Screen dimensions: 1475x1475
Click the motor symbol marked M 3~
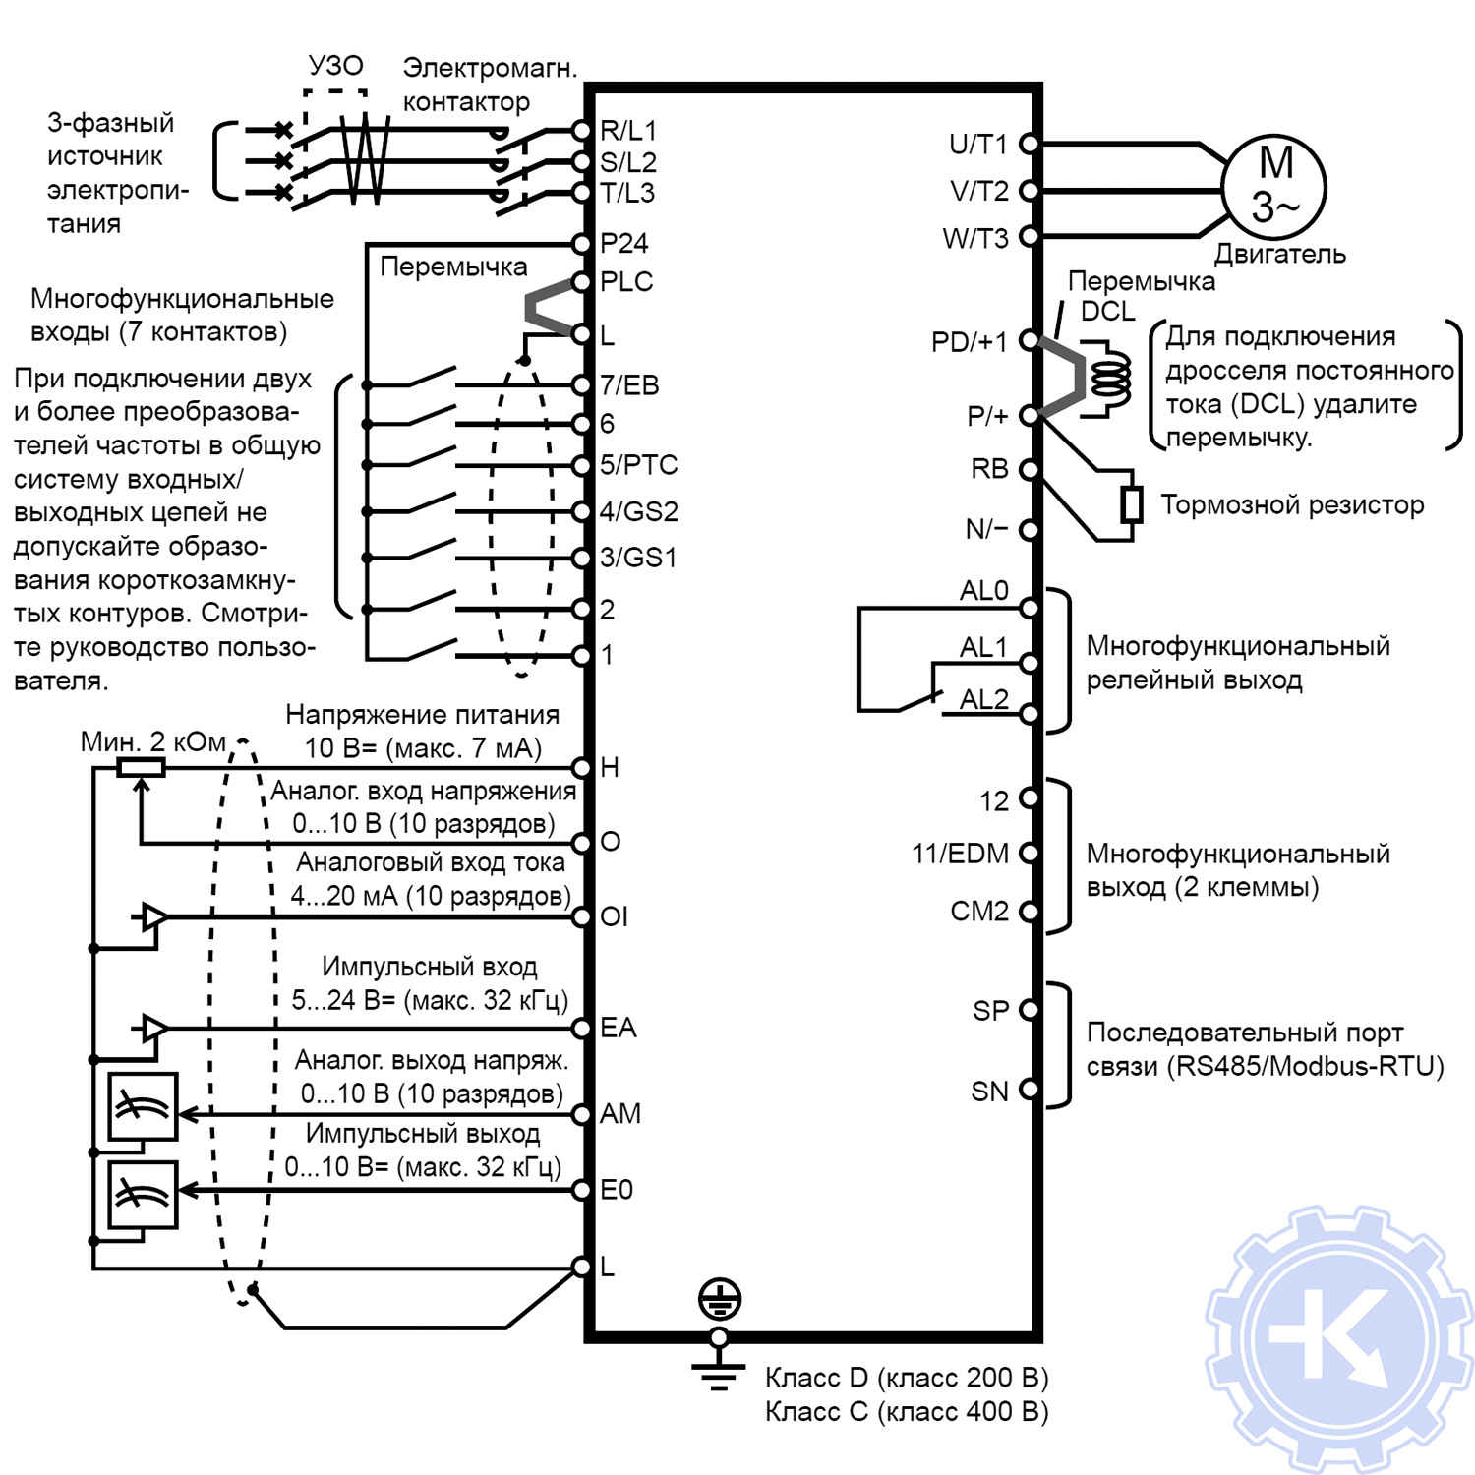[x=1274, y=186]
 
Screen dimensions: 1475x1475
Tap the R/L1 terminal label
[x=628, y=130]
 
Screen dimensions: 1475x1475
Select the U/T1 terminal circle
[x=1029, y=144]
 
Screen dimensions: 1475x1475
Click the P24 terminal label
[x=624, y=243]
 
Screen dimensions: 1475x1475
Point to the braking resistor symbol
[x=1132, y=504]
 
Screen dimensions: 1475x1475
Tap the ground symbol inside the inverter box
[x=719, y=1300]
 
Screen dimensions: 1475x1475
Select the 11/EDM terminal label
[x=960, y=854]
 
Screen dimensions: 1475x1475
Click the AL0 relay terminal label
[x=983, y=590]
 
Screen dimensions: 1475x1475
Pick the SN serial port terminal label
[x=989, y=1091]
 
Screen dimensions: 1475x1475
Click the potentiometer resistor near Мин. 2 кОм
[x=141, y=767]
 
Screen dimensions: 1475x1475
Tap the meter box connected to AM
[x=143, y=1107]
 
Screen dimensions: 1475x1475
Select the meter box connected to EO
[x=143, y=1195]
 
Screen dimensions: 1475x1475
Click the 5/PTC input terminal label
[x=639, y=464]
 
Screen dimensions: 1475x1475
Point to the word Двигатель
[x=1279, y=254]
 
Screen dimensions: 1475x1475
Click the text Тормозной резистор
[x=1292, y=504]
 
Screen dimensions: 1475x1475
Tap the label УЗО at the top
[x=335, y=66]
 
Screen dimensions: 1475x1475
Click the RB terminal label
[x=989, y=469]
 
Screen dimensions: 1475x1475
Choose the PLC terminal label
[x=626, y=282]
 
